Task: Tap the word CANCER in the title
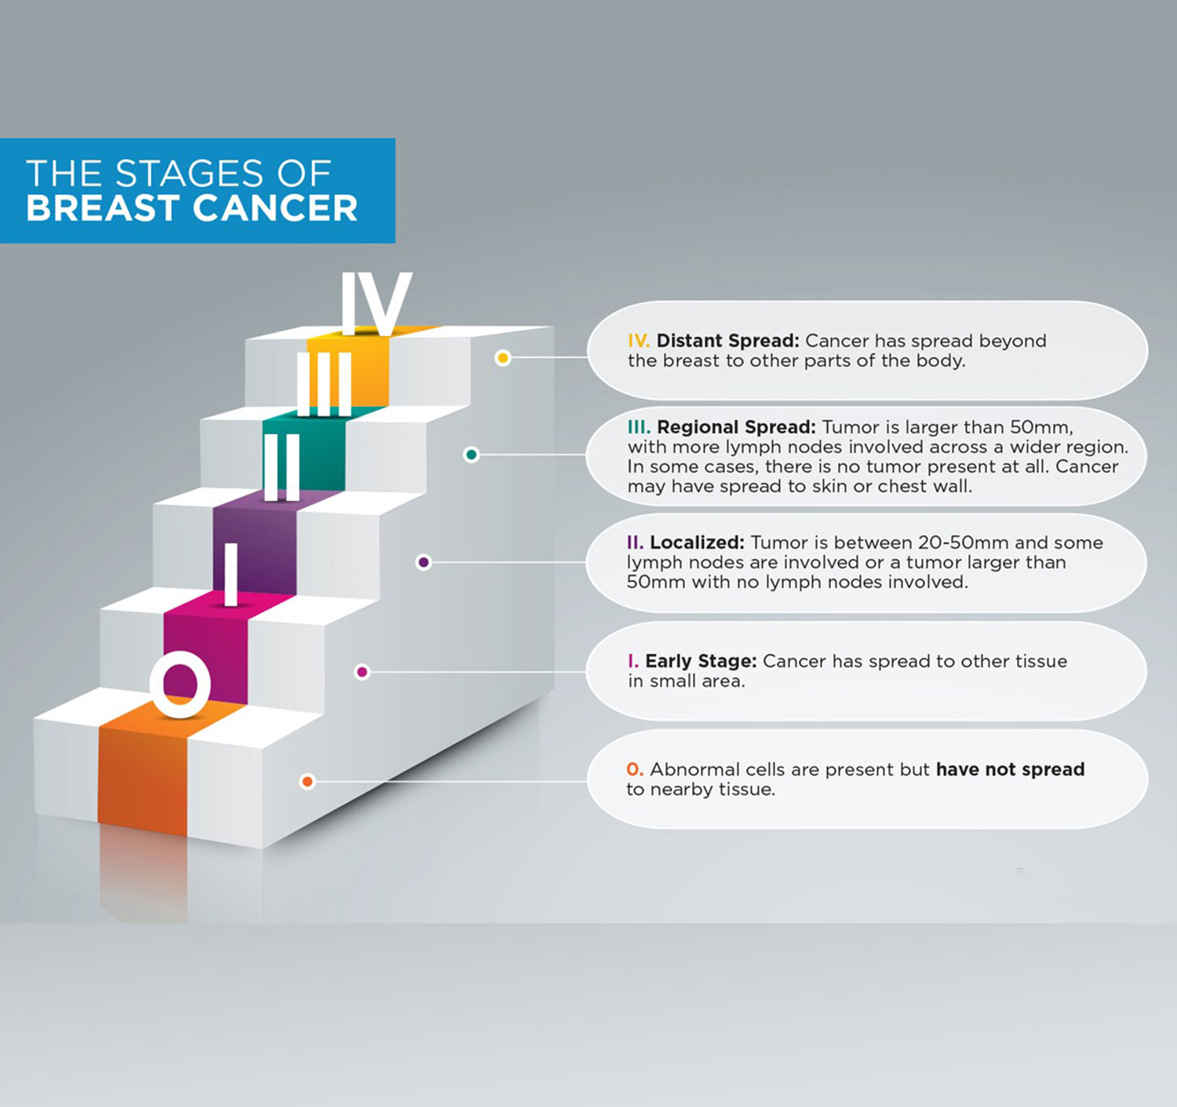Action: coord(275,208)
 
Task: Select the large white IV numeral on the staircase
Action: coord(377,303)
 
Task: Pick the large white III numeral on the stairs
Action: coord(324,385)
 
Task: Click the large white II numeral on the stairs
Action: coord(282,467)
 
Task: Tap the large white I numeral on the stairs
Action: coord(231,575)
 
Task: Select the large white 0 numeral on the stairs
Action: coord(180,684)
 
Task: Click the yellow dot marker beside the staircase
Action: coord(503,358)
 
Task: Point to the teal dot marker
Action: coord(471,455)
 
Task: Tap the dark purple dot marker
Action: coord(424,562)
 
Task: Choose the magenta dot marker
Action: coord(362,672)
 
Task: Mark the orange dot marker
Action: coord(307,782)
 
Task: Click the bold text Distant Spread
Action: coord(728,341)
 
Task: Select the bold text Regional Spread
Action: coord(737,428)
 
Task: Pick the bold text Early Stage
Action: coord(701,662)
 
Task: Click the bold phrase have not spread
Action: coord(1011,769)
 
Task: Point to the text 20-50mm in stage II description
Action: coord(963,543)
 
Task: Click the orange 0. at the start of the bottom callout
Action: coord(635,769)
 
